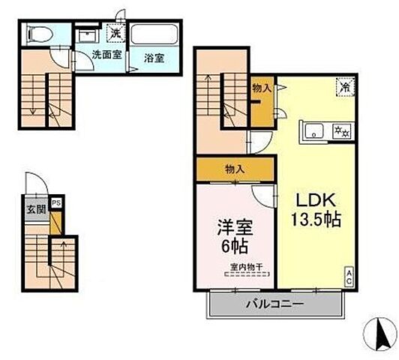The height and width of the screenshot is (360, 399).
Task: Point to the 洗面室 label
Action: [x=105, y=55]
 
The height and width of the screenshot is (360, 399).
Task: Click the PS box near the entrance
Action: [x=56, y=202]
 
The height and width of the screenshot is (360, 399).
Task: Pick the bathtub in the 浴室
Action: [x=154, y=34]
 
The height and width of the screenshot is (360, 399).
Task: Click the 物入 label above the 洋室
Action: [x=234, y=170]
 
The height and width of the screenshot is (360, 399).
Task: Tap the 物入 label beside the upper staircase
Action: [x=261, y=88]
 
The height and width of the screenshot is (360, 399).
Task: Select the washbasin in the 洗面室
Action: [x=88, y=34]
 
